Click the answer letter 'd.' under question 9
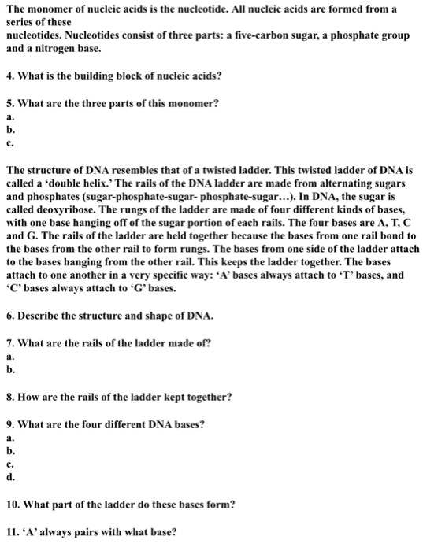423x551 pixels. click(x=9, y=475)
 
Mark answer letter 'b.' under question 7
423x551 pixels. click(x=9, y=369)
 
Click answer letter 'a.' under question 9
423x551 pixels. click(x=9, y=438)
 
